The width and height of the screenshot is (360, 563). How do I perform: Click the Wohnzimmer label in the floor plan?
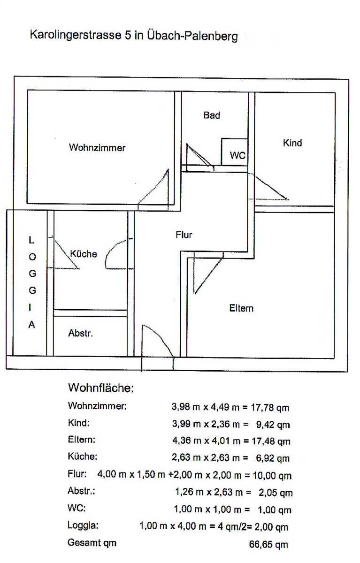click(x=97, y=148)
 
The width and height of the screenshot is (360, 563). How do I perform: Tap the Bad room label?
click(x=212, y=115)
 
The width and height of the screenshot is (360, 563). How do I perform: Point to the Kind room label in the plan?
click(x=292, y=143)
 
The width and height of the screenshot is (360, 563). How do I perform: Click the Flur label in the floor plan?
click(x=184, y=235)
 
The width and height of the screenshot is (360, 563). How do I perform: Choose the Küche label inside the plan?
click(x=84, y=254)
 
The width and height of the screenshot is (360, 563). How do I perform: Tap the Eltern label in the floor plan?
click(x=241, y=308)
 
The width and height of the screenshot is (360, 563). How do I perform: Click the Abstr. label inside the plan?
click(x=81, y=334)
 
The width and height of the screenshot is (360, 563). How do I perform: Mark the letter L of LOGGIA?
click(x=31, y=240)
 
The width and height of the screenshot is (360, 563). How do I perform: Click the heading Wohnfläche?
click(x=101, y=388)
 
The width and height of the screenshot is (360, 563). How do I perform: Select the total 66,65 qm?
click(x=268, y=545)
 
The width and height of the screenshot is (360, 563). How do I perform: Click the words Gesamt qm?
click(x=92, y=543)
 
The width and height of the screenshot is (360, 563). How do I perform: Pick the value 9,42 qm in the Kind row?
click(x=273, y=425)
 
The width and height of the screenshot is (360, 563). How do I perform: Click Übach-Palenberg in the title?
click(x=192, y=36)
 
